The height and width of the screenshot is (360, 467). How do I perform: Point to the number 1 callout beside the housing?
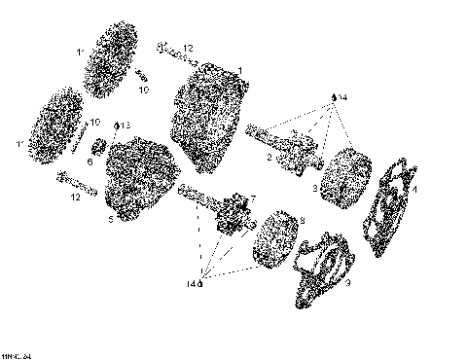click(239, 69)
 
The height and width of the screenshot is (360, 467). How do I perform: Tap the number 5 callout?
click(110, 220)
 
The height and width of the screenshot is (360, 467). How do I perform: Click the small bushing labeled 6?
click(99, 148)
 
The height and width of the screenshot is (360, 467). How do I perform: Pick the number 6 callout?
click(90, 162)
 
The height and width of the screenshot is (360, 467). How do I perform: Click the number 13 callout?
click(125, 126)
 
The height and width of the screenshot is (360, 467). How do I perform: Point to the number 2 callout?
click(269, 157)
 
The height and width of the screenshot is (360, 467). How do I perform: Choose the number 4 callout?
click(414, 190)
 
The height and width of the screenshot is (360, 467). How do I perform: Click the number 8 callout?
click(302, 221)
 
